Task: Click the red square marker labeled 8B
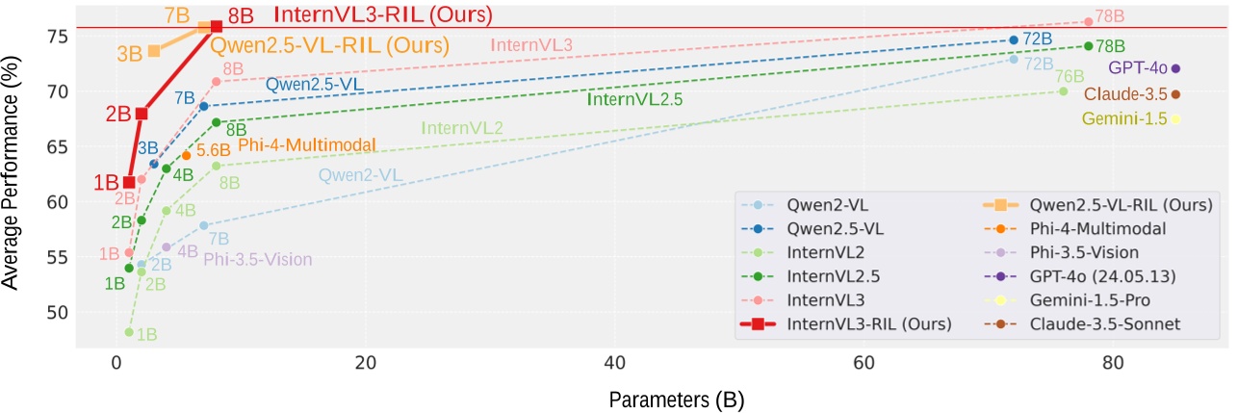(216, 27)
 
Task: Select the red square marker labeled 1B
(129, 182)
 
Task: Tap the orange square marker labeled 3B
(154, 50)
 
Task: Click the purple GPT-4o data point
(1175, 68)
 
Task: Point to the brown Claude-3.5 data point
(1175, 93)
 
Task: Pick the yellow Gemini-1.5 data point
(1175, 118)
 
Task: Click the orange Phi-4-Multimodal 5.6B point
(186, 155)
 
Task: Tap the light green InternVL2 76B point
(1063, 91)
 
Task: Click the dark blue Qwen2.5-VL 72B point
(1013, 40)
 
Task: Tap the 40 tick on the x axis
(614, 364)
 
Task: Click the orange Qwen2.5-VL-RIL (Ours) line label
(330, 45)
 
